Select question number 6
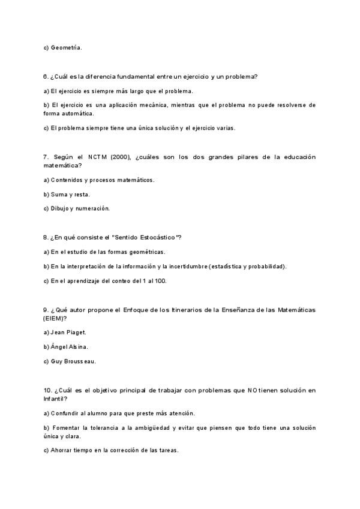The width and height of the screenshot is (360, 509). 46,76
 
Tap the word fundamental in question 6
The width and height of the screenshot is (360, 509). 134,76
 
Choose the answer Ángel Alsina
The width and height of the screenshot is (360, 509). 69,346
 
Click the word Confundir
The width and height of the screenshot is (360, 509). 65,413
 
